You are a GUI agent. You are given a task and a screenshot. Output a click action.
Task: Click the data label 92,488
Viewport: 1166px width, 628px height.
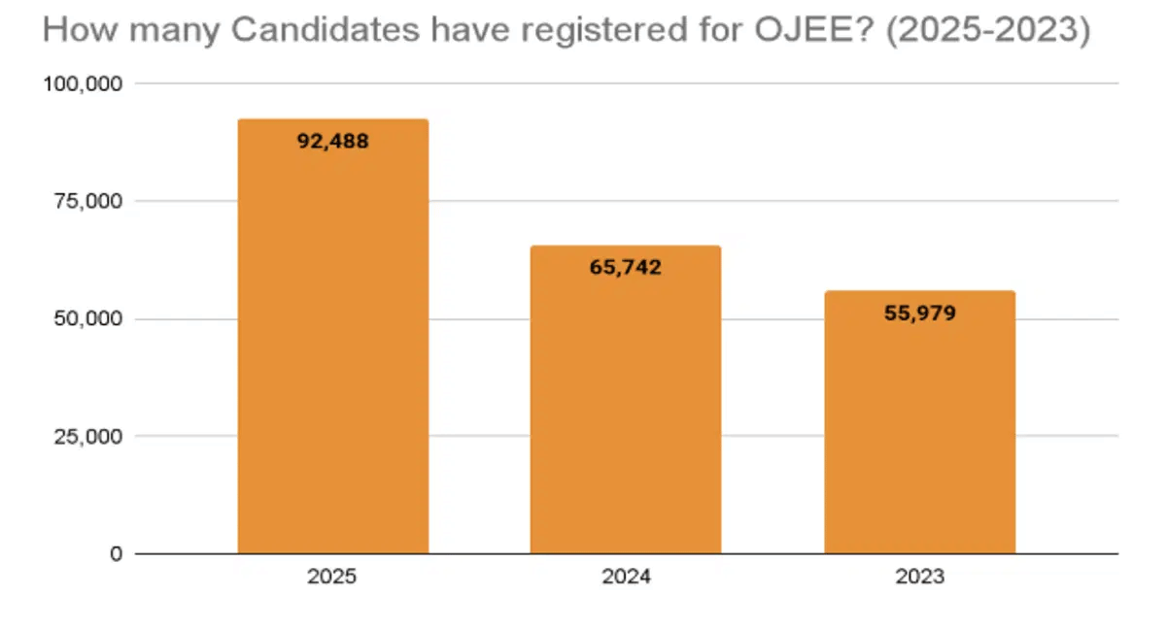coord(333,141)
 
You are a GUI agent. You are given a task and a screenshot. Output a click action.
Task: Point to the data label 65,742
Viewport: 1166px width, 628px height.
coord(625,268)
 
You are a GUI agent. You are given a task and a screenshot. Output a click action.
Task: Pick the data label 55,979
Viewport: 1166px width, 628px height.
coord(919,313)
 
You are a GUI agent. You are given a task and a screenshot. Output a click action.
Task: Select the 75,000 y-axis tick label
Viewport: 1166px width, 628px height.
coord(86,202)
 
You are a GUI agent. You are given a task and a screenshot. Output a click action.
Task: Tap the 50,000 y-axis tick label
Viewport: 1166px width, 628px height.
coord(86,319)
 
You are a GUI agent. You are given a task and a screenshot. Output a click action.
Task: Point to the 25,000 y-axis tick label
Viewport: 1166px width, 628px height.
coord(86,437)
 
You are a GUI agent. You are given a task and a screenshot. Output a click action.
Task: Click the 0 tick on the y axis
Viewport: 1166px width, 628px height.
coord(115,554)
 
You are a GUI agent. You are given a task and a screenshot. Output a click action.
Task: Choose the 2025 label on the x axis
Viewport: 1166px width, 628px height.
coord(332,578)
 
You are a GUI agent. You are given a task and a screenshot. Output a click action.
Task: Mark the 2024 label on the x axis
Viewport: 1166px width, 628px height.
coord(626,578)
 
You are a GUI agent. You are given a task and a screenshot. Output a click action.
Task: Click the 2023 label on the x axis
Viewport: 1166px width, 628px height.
coord(919,578)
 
